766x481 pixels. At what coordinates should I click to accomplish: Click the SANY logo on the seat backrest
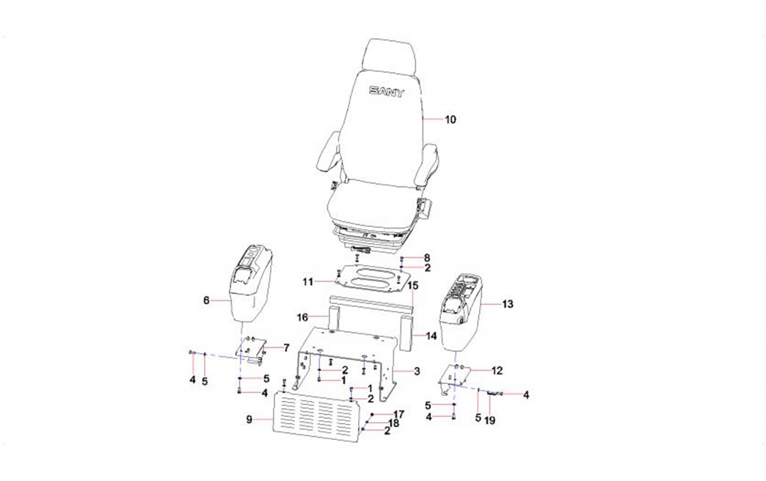pos(387,91)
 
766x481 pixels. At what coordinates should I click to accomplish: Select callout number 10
pos(450,119)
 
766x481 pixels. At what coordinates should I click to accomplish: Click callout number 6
pos(206,300)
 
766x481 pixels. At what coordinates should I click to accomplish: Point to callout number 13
pos(508,304)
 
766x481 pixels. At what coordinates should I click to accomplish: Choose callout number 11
pos(307,281)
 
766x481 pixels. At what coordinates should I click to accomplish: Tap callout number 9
pos(249,419)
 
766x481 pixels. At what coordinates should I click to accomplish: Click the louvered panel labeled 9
pos(315,416)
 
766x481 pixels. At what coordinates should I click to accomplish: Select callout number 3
pos(417,372)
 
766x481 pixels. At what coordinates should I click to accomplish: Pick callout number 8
pos(427,258)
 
